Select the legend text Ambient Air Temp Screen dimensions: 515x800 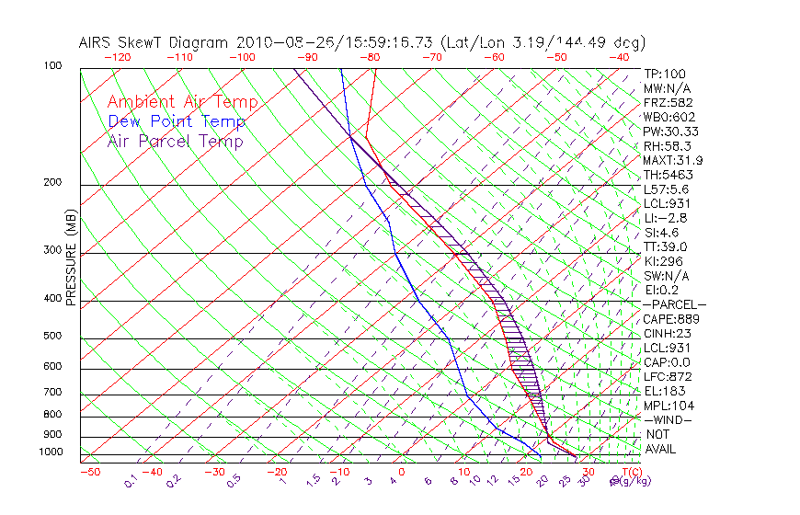tap(182, 103)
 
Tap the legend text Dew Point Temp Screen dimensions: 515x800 tap(177, 122)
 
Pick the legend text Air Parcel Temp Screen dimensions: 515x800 tap(175, 142)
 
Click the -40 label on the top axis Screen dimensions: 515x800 tap(620, 57)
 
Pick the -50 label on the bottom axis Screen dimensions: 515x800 tap(89, 473)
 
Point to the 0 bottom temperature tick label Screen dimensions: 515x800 tap(402, 473)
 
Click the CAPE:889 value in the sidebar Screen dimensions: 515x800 tap(671, 319)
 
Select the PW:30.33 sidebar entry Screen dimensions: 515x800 tap(670, 132)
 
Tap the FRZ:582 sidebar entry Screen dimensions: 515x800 tap(668, 103)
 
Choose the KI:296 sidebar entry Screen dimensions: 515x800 tap(665, 261)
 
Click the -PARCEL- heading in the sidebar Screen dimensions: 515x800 tap(674, 304)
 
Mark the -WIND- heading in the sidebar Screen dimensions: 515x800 tap(668, 419)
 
